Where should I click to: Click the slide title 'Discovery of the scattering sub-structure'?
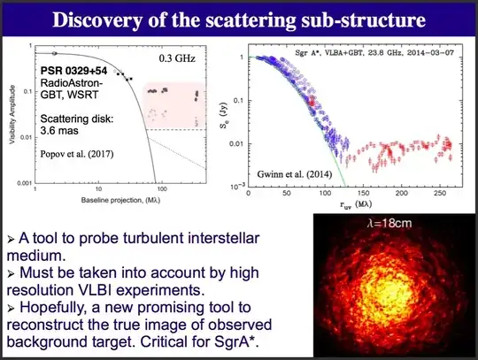[239, 19]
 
